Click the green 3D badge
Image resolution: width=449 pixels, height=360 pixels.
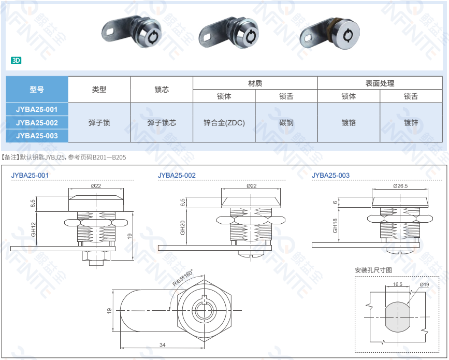16,61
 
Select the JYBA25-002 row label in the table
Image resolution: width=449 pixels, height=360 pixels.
37,123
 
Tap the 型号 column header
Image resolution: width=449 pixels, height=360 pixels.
37,90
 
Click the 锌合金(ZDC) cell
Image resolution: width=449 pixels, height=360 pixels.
224,123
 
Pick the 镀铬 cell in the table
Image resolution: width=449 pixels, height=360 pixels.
349,123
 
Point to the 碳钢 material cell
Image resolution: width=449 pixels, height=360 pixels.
286,123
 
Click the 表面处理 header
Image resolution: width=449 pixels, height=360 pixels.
380,83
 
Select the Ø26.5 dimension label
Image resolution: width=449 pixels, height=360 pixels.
400,186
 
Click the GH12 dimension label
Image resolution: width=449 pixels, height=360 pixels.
34,229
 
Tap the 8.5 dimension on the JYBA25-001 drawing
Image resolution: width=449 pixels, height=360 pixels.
33,204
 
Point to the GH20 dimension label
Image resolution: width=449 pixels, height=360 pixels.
182,228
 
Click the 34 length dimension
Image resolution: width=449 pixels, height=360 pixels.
163,345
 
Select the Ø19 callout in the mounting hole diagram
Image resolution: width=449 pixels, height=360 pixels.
424,284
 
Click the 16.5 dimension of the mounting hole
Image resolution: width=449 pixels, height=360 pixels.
397,284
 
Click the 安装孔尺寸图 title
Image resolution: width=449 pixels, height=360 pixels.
373,270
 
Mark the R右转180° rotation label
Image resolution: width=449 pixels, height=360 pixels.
183,278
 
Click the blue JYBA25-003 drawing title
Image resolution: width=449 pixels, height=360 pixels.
330,175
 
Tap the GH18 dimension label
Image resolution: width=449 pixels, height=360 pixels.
335,225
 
